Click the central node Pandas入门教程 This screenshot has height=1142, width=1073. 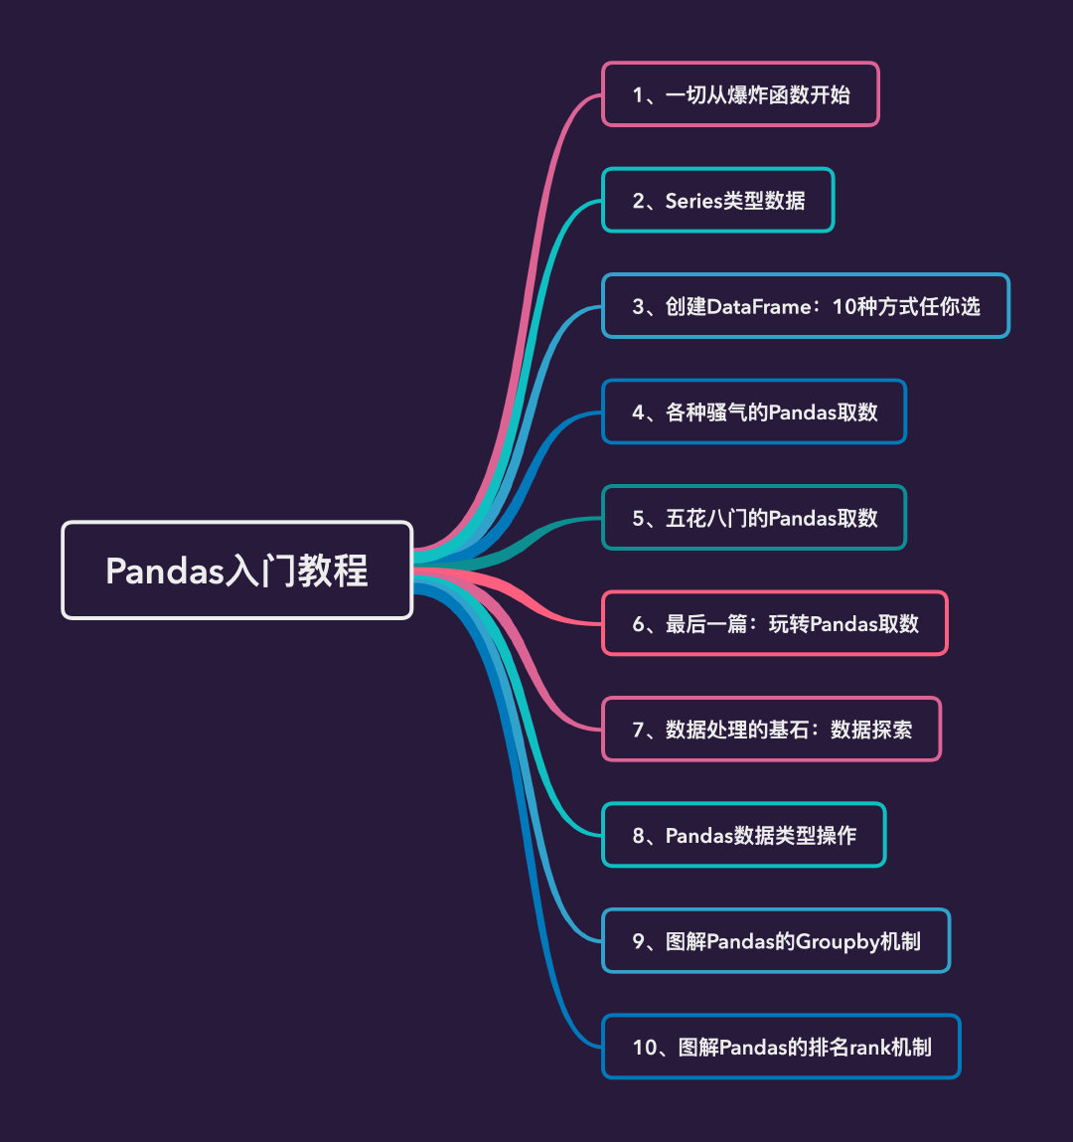click(236, 571)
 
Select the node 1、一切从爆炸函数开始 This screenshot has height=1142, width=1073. click(740, 94)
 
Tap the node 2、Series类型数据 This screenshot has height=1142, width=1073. click(717, 201)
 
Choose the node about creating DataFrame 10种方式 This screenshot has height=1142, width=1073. click(806, 306)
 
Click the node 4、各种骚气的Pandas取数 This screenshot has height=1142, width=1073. click(754, 412)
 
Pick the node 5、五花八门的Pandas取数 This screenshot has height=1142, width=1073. click(754, 518)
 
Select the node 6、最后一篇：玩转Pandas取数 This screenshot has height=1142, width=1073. click(775, 624)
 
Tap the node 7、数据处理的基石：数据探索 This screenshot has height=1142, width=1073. click(771, 730)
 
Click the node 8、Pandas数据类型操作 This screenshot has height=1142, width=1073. click(743, 836)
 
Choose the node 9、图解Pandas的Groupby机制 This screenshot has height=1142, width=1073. click(776, 941)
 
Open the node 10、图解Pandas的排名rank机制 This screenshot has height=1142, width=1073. click(781, 1047)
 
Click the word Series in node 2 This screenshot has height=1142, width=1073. click(692, 201)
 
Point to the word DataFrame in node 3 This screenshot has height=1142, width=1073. click(757, 306)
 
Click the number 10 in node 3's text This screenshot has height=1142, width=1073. click(843, 306)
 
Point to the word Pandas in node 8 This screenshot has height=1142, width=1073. click(699, 836)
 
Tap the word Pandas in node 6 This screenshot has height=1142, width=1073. click(844, 624)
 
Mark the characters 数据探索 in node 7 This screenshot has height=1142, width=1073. click(871, 730)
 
